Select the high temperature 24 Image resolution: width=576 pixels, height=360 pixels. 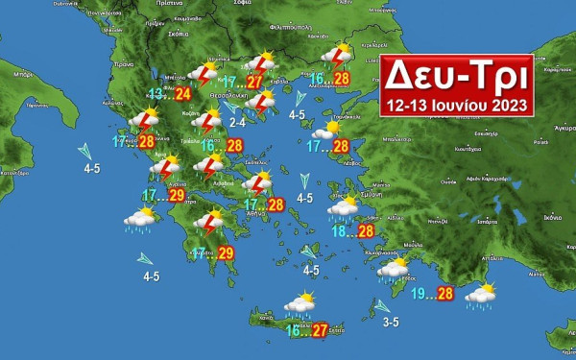pyautogui.click(x=182, y=93)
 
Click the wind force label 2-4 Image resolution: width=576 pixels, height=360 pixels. pyautogui.click(x=238, y=122)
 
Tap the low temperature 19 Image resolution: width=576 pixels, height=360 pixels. pyautogui.click(x=420, y=294)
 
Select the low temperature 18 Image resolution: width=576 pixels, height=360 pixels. pyautogui.click(x=341, y=230)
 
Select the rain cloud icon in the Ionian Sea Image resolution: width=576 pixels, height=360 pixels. pyautogui.click(x=140, y=220)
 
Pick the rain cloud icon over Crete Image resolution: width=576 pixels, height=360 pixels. pyautogui.click(x=300, y=306)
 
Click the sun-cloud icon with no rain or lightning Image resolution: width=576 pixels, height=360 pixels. pyautogui.click(x=332, y=128)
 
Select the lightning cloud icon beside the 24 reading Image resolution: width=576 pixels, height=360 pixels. pyautogui.click(x=204, y=74)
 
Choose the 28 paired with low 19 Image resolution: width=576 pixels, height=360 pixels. pyautogui.click(x=444, y=294)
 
